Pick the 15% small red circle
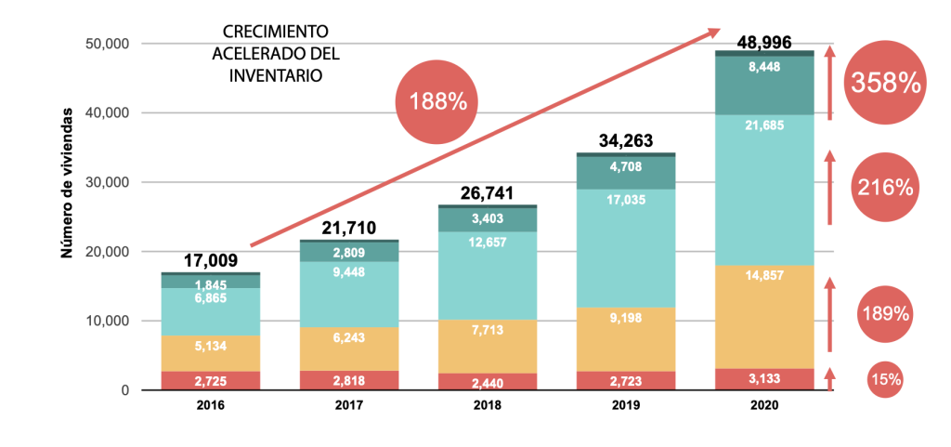pyautogui.click(x=885, y=378)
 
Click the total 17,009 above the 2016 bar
pyautogui.click(x=211, y=261)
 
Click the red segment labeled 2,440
pyautogui.click(x=488, y=381)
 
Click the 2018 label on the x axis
pyautogui.click(x=488, y=406)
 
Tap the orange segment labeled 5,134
pyautogui.click(x=211, y=346)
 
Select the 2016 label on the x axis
pyautogui.click(x=211, y=406)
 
